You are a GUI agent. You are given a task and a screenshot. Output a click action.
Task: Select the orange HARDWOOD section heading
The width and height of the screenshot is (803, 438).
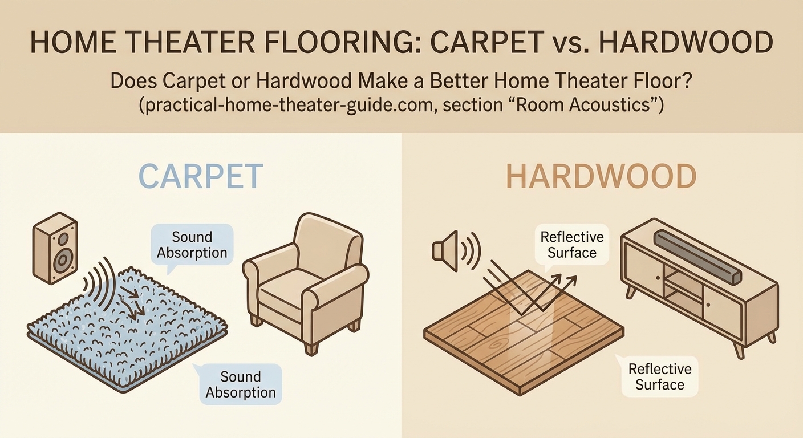point(601,177)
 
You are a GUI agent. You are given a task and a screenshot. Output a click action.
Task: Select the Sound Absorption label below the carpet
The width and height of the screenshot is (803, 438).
point(240,384)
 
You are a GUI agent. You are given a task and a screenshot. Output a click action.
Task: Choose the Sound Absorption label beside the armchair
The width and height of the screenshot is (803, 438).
point(192,245)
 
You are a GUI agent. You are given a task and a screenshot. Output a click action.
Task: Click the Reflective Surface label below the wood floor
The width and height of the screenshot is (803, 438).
point(659,377)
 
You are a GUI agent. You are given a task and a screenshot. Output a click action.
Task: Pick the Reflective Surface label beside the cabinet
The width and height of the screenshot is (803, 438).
point(571,244)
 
